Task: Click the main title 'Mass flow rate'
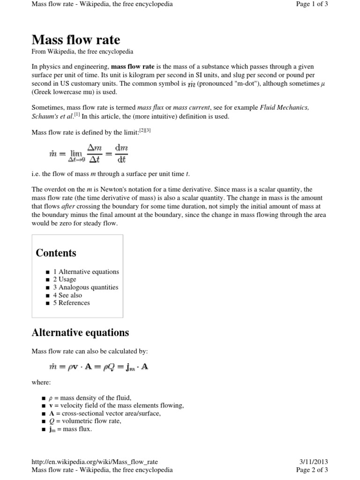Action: pos(75,39)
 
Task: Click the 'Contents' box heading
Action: pos(56,253)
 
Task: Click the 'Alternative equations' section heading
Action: pos(80,333)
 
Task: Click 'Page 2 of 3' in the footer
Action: pos(312,470)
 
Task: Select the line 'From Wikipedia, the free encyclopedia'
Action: pos(82,52)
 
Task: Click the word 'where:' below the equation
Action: pos(41,382)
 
